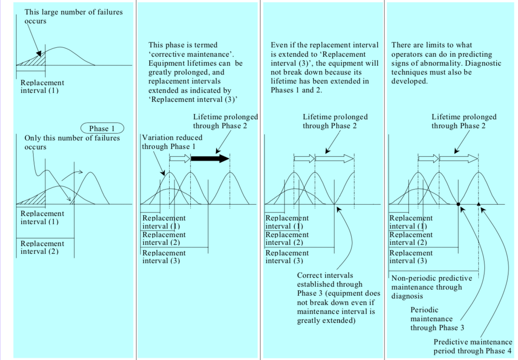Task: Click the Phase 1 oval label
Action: tap(102, 128)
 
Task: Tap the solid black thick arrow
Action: tap(210, 158)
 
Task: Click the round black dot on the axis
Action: tap(458, 204)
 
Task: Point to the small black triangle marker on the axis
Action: tap(479, 204)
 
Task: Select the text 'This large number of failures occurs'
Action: tap(74, 16)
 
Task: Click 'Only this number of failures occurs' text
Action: tap(72, 142)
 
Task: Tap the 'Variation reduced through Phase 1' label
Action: tap(172, 142)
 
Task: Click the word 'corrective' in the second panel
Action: tap(168, 54)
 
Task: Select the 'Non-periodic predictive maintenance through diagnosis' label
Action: tap(431, 287)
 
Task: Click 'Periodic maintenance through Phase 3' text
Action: tap(437, 319)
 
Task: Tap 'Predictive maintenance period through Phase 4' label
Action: tap(472, 346)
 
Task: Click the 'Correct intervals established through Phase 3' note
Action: tap(338, 298)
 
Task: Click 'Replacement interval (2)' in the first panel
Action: tap(42, 247)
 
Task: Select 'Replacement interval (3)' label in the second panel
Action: tap(164, 257)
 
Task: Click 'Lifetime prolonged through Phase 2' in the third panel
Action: tap(335, 121)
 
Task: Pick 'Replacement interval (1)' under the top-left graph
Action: tap(42, 87)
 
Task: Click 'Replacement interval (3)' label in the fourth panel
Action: tap(411, 257)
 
